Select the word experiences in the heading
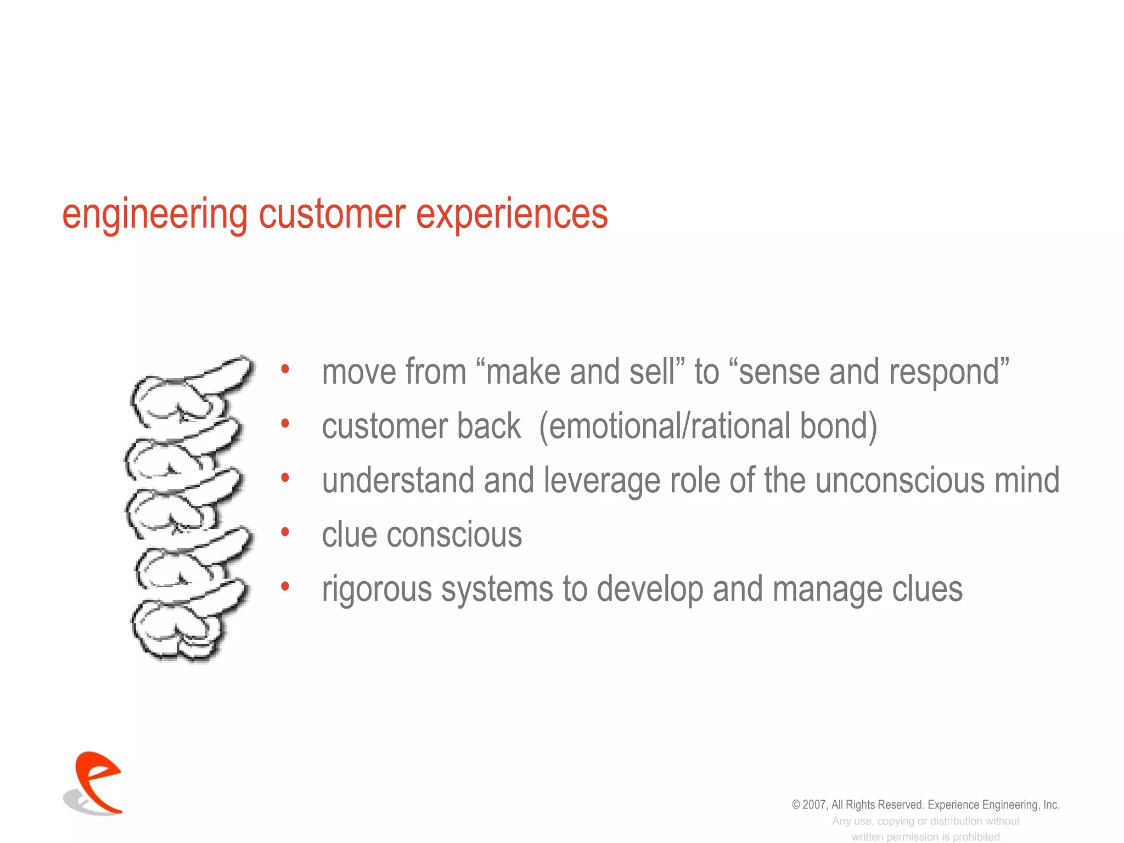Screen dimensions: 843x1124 pos(512,215)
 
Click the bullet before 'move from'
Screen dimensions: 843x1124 pos(285,369)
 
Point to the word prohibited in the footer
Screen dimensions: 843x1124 pos(977,837)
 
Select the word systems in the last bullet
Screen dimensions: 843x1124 pos(497,590)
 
